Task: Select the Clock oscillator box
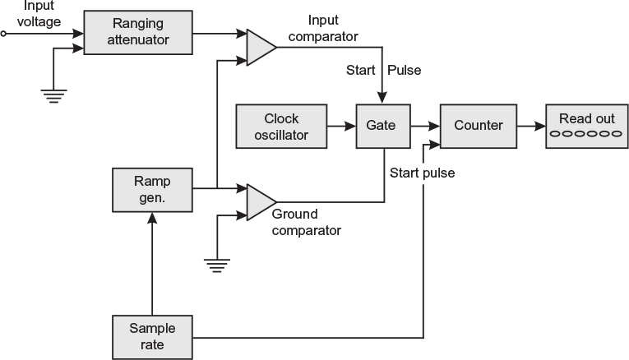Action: [x=281, y=127]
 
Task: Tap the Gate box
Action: [x=382, y=127]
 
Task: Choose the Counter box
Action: [x=478, y=127]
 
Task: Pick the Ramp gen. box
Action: [x=151, y=188]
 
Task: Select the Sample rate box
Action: [x=151, y=336]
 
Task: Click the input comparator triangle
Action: [x=261, y=47]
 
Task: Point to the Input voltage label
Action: [x=39, y=15]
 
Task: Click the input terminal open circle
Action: [x=4, y=35]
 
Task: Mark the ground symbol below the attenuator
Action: [x=53, y=94]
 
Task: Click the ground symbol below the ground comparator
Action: [x=216, y=265]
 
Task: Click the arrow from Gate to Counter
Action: [x=423, y=127]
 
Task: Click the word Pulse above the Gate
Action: [x=404, y=70]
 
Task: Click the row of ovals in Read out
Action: [x=586, y=134]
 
